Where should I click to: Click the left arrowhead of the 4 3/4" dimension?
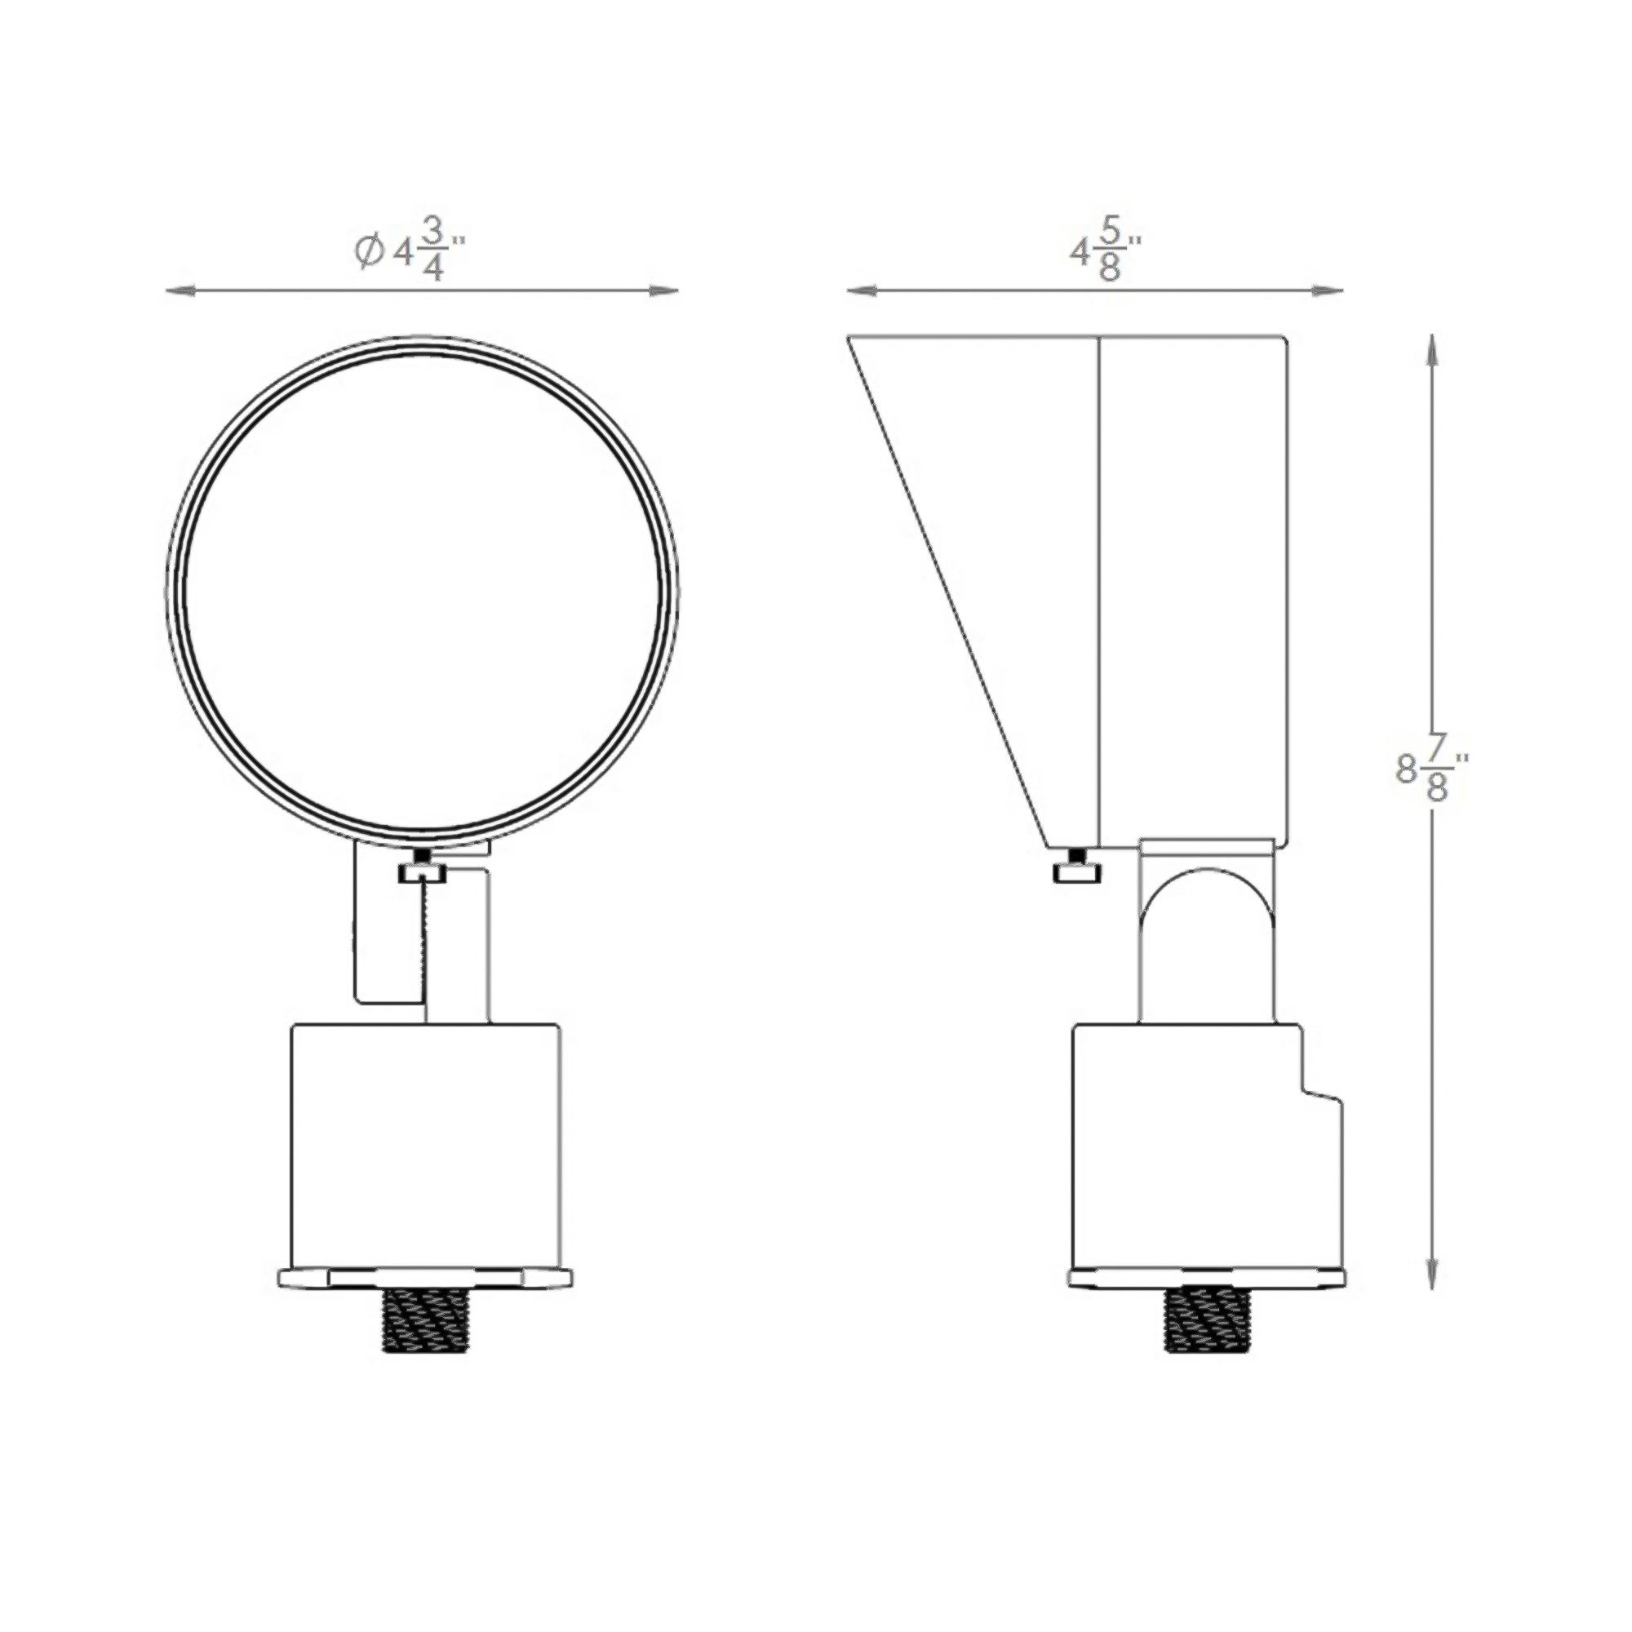178,290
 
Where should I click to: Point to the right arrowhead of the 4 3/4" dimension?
667,290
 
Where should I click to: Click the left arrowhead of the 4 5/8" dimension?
860,290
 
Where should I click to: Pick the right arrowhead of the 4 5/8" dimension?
1330,290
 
